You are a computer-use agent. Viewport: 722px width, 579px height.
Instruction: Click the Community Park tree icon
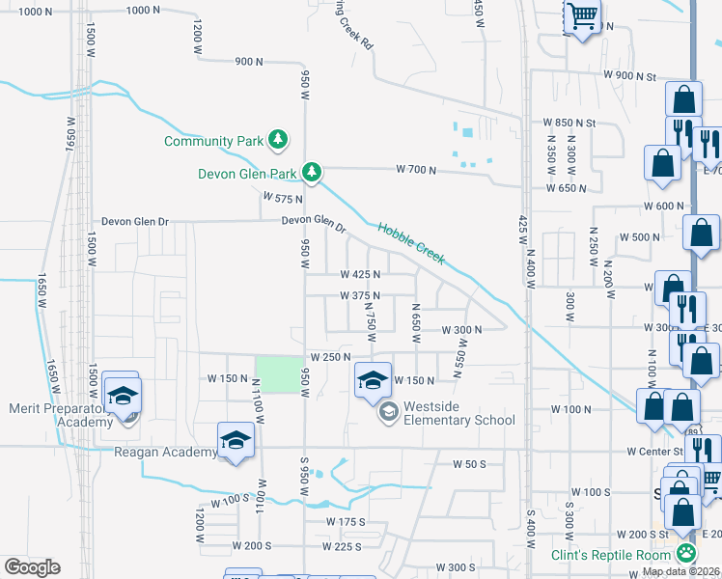(x=278, y=140)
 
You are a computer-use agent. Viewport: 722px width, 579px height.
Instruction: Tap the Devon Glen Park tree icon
(x=311, y=173)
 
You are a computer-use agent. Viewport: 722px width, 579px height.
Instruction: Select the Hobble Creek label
(x=411, y=242)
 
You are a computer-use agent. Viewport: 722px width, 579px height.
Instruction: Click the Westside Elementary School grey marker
(x=388, y=413)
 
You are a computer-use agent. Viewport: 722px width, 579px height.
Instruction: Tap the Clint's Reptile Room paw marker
(x=685, y=554)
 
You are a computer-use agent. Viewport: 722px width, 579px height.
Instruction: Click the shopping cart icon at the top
(x=582, y=15)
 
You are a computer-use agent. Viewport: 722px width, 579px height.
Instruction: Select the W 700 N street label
(x=416, y=170)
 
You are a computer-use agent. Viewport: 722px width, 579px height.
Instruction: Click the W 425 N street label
(x=360, y=274)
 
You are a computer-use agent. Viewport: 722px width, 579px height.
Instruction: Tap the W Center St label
(x=653, y=451)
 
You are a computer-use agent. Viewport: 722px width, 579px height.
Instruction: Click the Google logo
(x=32, y=567)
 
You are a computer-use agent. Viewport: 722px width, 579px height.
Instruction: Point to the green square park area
(x=277, y=374)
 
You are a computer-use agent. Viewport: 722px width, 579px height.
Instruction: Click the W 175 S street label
(x=346, y=522)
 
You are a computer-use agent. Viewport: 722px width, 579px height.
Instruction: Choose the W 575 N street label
(x=283, y=197)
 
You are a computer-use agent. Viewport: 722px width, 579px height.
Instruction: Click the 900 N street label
(x=248, y=62)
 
